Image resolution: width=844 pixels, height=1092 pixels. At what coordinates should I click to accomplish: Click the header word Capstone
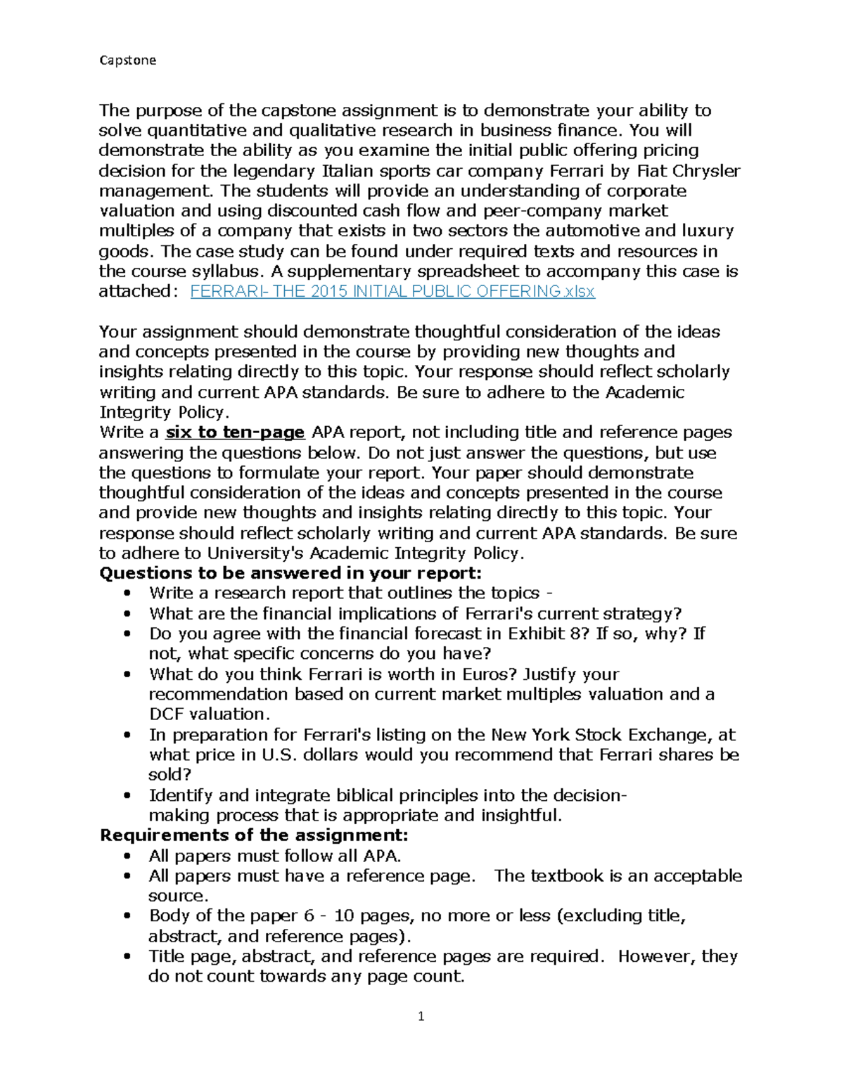(x=127, y=60)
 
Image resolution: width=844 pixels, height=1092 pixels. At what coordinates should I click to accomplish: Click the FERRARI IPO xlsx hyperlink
(x=392, y=292)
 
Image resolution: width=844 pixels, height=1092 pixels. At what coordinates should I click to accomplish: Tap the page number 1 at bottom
(x=421, y=1016)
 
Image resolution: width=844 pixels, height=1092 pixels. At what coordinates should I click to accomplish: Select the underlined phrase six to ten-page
(x=234, y=432)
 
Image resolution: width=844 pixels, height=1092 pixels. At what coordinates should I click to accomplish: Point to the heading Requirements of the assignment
(x=253, y=835)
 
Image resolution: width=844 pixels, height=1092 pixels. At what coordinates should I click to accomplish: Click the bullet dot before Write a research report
(x=127, y=593)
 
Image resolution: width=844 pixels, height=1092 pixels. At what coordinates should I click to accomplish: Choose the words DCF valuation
(x=209, y=714)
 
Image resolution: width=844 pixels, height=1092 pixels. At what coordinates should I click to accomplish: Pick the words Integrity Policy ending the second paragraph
(x=162, y=413)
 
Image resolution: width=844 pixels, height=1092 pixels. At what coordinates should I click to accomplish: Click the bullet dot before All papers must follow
(x=127, y=856)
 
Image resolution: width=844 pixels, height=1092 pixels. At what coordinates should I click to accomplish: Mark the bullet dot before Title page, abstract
(x=127, y=957)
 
